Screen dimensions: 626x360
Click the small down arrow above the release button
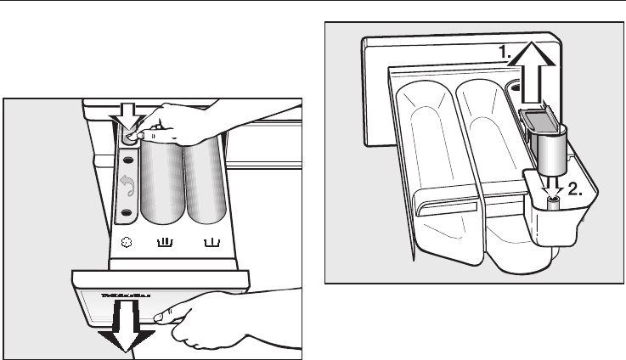click(129, 110)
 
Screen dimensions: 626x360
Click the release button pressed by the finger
click(130, 136)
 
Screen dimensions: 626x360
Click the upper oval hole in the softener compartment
click(127, 161)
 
